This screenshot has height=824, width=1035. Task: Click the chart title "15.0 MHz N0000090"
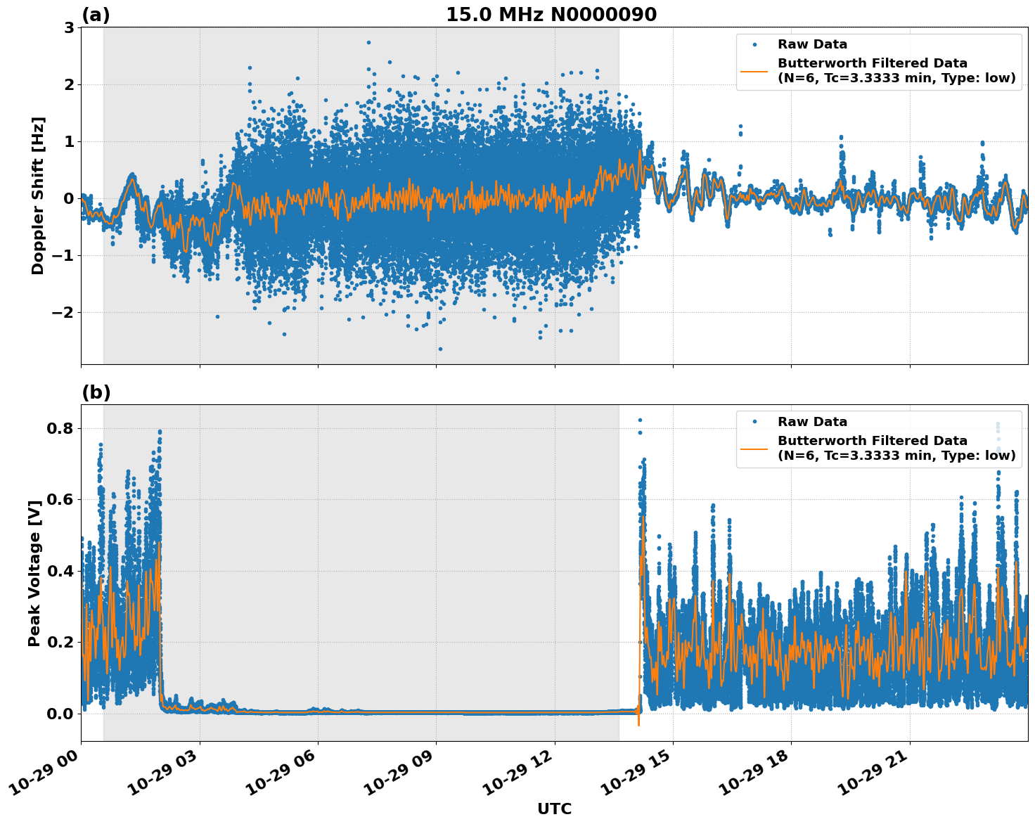[551, 15]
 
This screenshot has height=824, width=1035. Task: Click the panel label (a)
[96, 15]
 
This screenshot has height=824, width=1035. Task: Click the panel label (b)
[96, 392]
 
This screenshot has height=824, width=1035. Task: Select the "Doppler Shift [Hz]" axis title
[38, 195]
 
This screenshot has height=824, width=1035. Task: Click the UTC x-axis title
[554, 809]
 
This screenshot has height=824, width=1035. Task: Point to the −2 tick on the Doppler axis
[61, 312]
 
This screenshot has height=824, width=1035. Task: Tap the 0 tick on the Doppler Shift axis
[69, 198]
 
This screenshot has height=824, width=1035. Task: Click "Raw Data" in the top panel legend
[812, 44]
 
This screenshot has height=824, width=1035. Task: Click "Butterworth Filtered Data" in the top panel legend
[872, 63]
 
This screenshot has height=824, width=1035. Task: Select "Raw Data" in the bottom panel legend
[812, 422]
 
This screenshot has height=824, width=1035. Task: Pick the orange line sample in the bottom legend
[754, 448]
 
